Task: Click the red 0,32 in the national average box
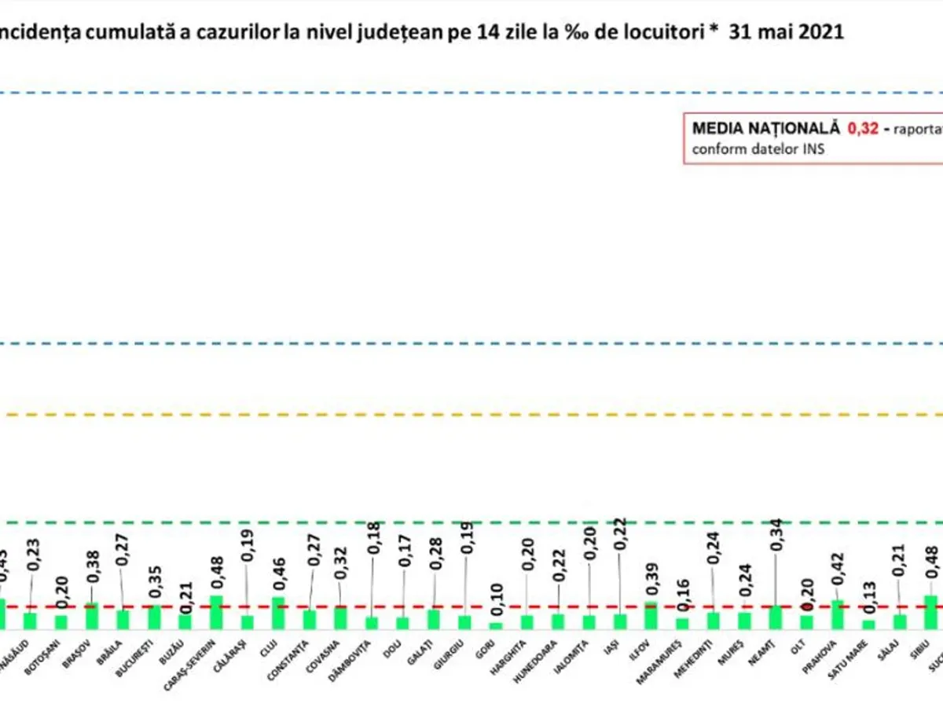tap(862, 127)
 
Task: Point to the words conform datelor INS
tap(758, 148)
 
